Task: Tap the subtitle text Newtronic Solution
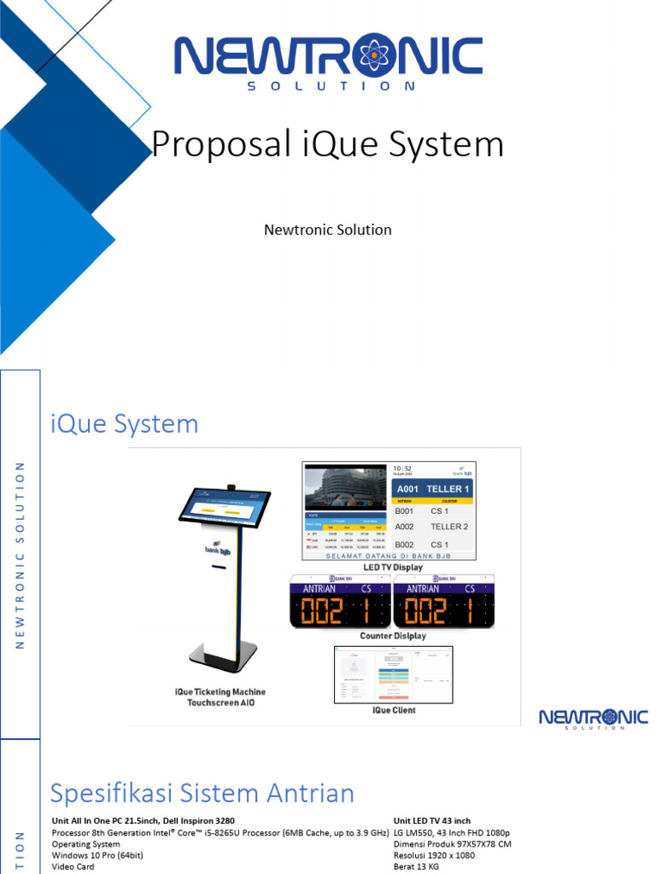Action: (x=327, y=230)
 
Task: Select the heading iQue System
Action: (x=125, y=423)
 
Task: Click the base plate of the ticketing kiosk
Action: (x=224, y=659)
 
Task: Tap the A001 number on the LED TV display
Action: (x=409, y=489)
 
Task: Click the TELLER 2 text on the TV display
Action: (x=448, y=527)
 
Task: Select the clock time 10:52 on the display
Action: (x=403, y=469)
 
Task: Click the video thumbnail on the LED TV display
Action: (x=345, y=488)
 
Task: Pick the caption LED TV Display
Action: (x=393, y=567)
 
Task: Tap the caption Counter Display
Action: (x=392, y=636)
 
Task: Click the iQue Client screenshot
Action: (x=393, y=674)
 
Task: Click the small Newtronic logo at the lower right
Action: (x=593, y=718)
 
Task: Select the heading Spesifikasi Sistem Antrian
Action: (x=202, y=793)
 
